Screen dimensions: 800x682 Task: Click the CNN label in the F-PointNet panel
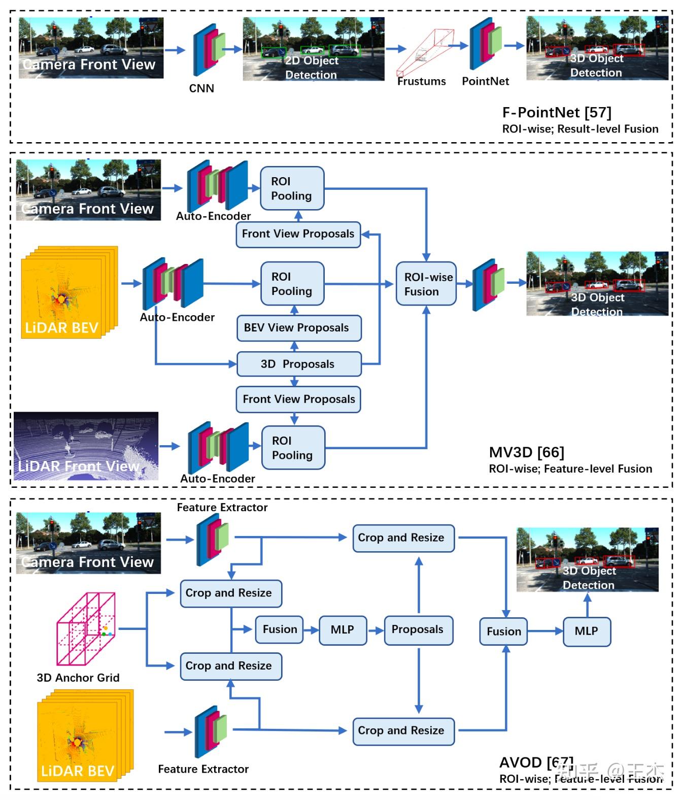click(201, 88)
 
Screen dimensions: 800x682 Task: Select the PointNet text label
click(485, 81)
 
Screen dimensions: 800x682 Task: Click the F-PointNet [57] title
click(557, 112)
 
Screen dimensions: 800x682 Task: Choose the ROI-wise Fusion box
click(426, 284)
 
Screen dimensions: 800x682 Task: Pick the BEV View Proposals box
click(299, 328)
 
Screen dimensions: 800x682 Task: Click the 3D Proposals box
click(299, 364)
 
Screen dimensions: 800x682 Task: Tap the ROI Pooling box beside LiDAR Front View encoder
click(293, 448)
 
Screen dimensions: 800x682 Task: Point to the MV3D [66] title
click(526, 452)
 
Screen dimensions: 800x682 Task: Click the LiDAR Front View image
click(86, 446)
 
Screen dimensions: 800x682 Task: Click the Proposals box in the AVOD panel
click(418, 630)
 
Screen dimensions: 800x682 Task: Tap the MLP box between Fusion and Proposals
click(343, 630)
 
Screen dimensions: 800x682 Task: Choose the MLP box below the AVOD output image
click(587, 631)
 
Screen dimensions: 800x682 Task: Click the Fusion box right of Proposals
click(503, 631)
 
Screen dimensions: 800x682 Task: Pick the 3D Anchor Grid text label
click(78, 678)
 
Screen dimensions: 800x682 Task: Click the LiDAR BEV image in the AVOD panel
click(84, 736)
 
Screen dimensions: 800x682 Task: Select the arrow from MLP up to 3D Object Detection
click(587, 605)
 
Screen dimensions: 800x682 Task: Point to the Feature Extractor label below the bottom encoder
click(203, 769)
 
